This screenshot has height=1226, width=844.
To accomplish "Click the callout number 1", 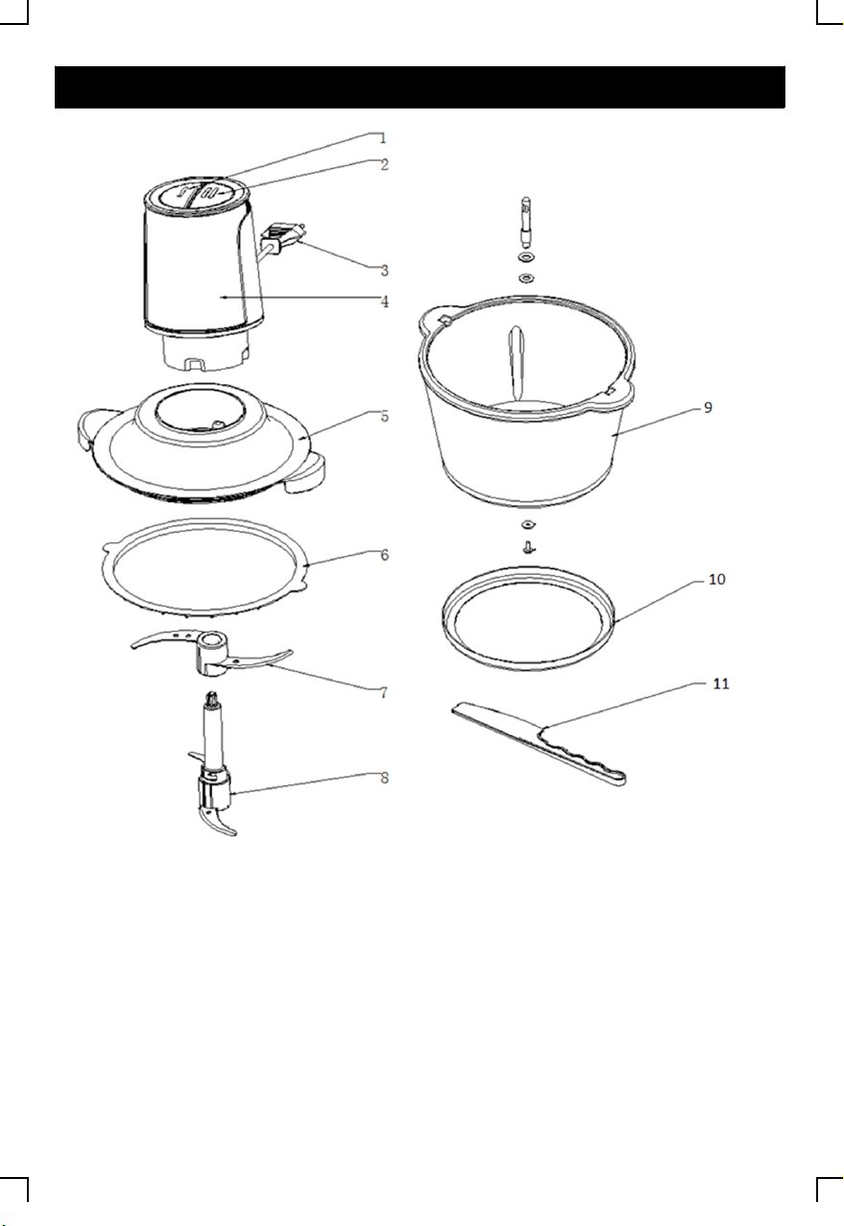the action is (382, 138).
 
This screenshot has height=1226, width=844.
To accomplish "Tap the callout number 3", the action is (384, 271).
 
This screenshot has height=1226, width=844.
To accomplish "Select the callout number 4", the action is (384, 301).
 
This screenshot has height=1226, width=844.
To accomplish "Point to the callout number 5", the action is (384, 417).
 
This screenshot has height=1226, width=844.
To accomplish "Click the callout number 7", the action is (384, 693).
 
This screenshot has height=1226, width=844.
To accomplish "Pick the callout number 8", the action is (384, 778).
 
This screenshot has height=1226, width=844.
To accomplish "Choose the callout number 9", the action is (708, 408).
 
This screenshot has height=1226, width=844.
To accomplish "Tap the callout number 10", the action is (716, 580).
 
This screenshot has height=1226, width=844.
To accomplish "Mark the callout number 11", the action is (721, 684).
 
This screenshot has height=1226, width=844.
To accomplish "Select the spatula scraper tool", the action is (539, 743).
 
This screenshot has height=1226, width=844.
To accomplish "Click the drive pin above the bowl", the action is (526, 222).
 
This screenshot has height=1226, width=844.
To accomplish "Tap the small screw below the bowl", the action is (529, 547).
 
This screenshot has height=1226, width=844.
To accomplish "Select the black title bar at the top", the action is (420, 87).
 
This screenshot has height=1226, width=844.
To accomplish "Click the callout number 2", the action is (384, 164).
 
